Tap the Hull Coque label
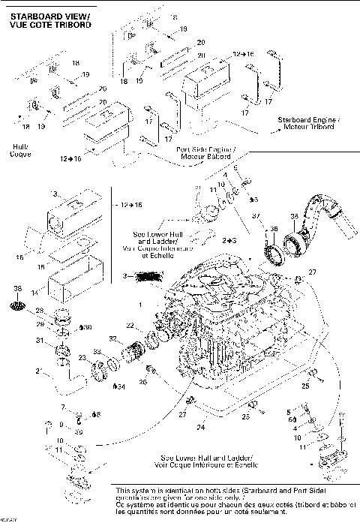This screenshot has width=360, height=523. [19, 152]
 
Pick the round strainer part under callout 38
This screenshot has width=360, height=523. [19, 305]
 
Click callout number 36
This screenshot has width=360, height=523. [274, 228]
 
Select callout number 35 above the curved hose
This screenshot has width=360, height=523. [294, 216]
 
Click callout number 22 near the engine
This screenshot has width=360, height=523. [129, 326]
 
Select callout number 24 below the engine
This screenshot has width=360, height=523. [199, 427]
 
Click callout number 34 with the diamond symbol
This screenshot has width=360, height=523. [118, 387]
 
